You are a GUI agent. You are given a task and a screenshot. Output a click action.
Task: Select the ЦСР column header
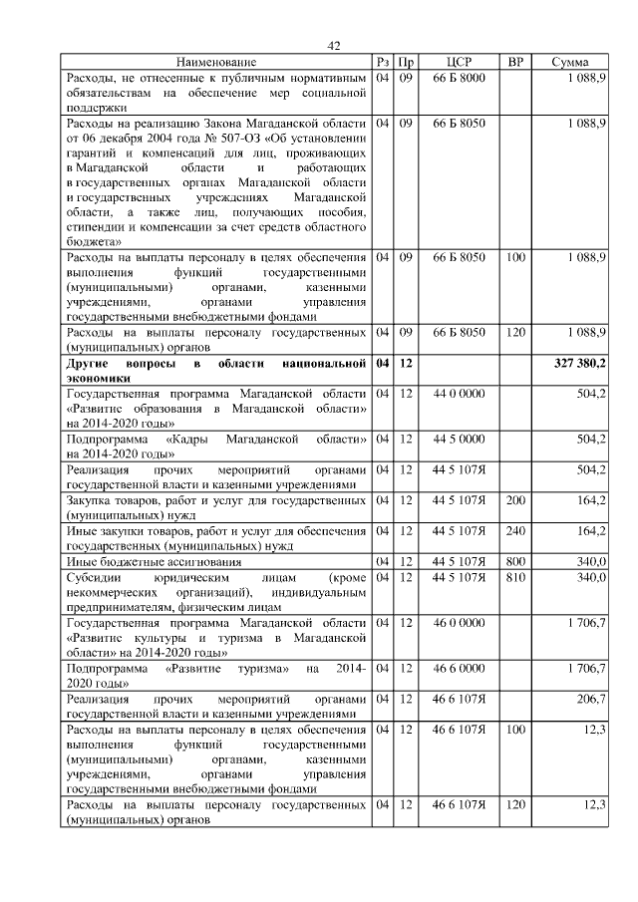point(459,63)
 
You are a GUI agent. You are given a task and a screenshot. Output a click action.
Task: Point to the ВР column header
point(515,63)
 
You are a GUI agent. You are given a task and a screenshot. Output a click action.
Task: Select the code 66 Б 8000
point(459,77)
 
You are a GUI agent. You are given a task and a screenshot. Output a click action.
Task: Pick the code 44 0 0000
point(459,395)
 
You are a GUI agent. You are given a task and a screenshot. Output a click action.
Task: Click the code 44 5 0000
point(459,439)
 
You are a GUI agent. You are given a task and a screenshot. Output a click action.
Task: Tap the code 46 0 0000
point(459,623)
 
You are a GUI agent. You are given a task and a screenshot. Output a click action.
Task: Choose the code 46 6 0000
point(459,668)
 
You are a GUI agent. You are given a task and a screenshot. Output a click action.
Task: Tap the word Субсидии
point(92,577)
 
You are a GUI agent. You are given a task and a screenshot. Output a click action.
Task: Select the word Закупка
point(90,499)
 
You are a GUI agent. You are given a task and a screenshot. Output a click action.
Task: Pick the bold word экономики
point(98,379)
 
